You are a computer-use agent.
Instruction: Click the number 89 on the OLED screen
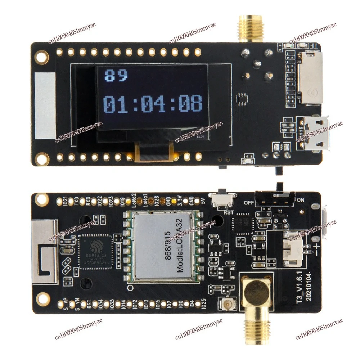click(x=116, y=76)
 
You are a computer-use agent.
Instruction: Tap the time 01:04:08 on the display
click(x=153, y=104)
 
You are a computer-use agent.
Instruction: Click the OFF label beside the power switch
click(x=249, y=202)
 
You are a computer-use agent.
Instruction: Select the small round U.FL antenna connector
click(x=228, y=305)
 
